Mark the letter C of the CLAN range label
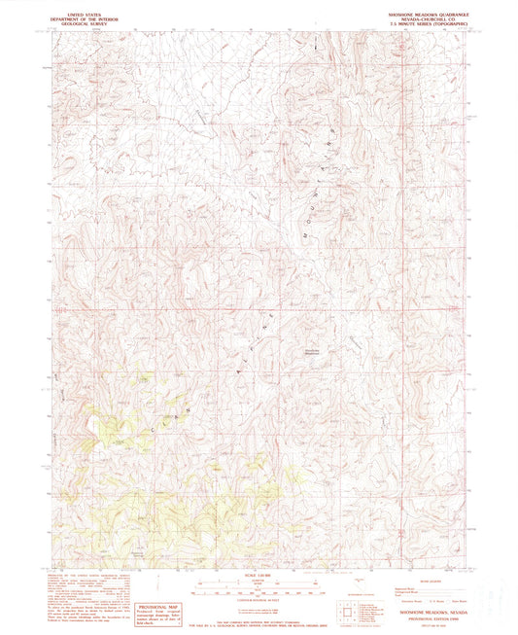point(152,425)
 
